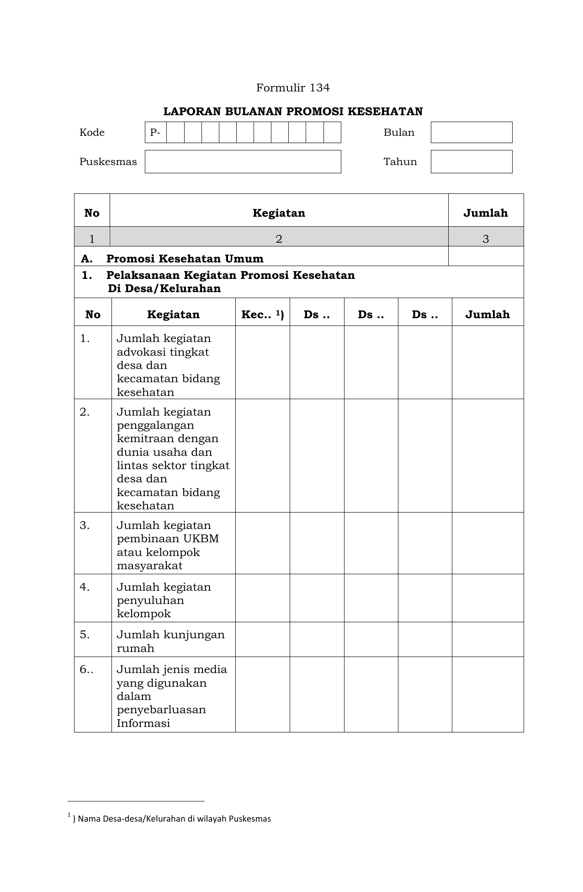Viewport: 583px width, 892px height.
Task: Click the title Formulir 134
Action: pos(292,88)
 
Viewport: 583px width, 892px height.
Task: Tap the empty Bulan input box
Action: pos(471,132)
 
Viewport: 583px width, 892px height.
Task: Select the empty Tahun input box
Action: pos(471,161)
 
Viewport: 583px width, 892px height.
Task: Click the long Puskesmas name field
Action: pos(243,161)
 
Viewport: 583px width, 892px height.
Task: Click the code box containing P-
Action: pos(156,132)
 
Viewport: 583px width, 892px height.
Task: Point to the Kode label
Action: pos(92,133)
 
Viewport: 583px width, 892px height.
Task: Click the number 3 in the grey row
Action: pos(485,239)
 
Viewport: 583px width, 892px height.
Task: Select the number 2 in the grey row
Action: pos(279,239)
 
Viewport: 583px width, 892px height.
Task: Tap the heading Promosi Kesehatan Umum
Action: pos(185,259)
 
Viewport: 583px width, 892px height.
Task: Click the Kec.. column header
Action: pos(262,315)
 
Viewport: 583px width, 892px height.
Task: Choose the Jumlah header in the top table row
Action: pos(485,213)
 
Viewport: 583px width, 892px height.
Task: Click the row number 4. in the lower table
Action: pos(85,587)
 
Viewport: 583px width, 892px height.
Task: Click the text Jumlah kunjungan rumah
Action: pos(170,641)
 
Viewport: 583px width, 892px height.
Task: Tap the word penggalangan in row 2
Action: pos(155,425)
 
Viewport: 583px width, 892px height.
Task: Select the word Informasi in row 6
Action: pos(143,723)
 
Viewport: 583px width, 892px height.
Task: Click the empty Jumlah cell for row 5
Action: pos(487,639)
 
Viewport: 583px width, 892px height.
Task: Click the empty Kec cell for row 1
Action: pos(262,362)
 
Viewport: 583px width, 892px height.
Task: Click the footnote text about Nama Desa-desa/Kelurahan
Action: pos(174,819)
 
